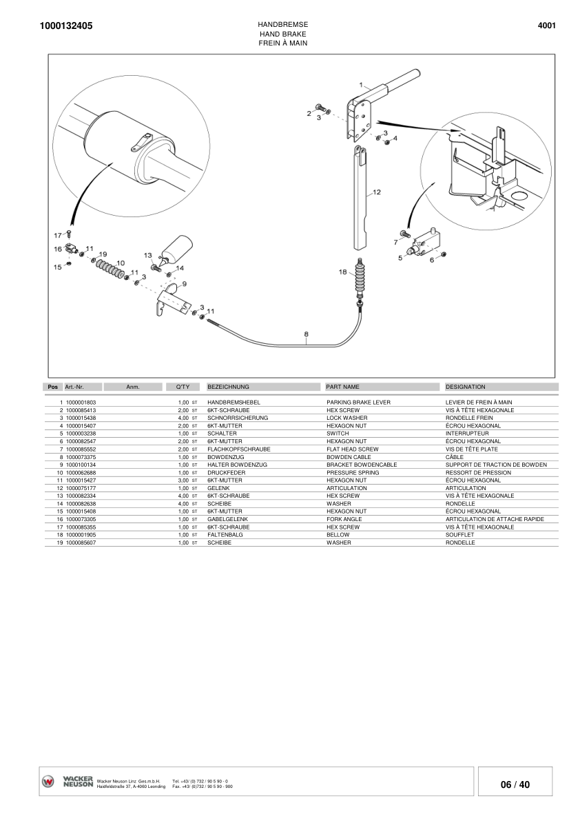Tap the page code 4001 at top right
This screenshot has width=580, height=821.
[x=546, y=26]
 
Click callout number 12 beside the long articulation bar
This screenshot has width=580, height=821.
[x=377, y=192]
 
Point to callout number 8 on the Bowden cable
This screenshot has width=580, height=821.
[x=307, y=334]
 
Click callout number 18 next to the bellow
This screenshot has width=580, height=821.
[x=343, y=272]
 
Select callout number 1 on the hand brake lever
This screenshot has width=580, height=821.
[x=362, y=85]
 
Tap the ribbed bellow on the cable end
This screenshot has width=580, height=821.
[x=359, y=279]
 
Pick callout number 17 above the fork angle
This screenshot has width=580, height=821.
[x=58, y=235]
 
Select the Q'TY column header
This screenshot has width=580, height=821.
[x=183, y=387]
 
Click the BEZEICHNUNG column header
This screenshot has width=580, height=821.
[x=228, y=387]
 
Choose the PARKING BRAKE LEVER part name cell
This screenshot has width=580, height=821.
[x=358, y=402]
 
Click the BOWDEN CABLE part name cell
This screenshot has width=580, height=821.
[x=349, y=457]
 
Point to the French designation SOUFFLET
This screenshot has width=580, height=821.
[x=460, y=535]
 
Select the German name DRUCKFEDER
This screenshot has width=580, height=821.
[x=224, y=473]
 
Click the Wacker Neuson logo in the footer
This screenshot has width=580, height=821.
[x=68, y=782]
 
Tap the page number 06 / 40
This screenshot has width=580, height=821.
[x=515, y=784]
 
